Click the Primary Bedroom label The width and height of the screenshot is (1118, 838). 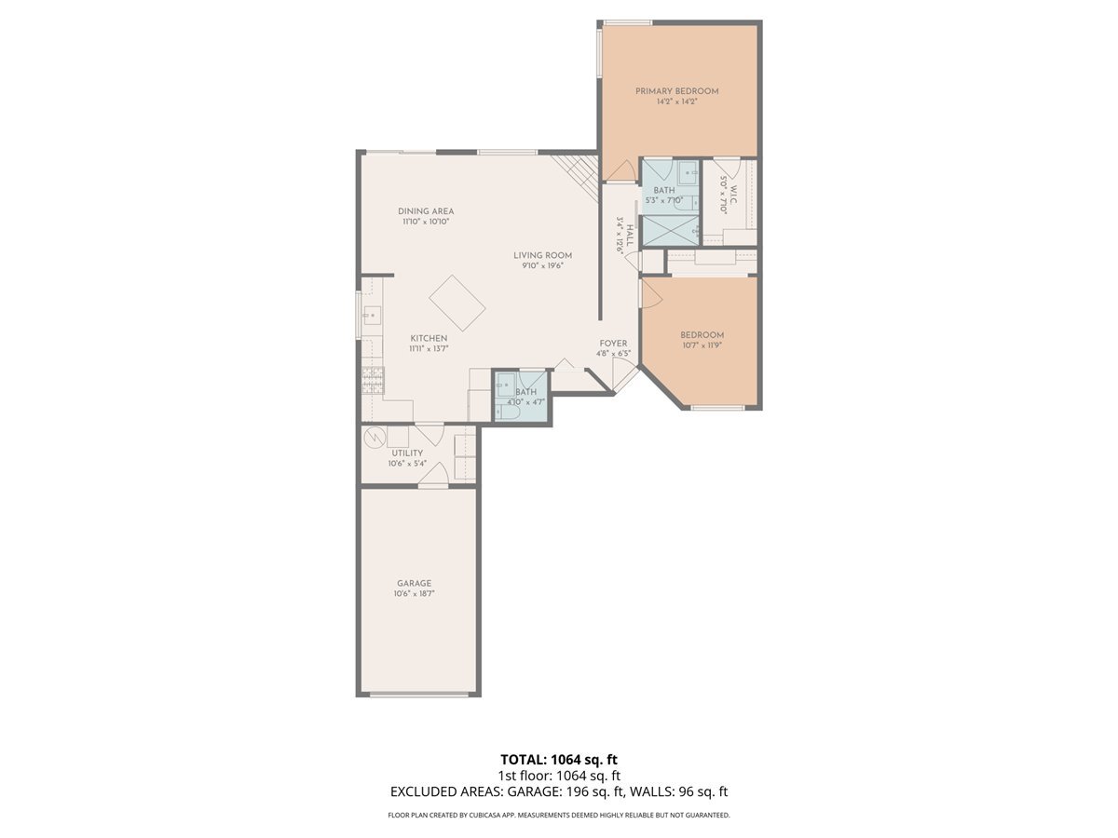coord(677,91)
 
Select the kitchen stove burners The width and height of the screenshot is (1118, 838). coord(373,379)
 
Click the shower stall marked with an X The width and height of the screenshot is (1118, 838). coord(669,231)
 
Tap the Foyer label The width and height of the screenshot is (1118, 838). coord(613,344)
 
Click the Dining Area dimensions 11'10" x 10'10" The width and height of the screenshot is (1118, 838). coord(426,223)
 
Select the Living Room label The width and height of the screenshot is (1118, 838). coord(542,255)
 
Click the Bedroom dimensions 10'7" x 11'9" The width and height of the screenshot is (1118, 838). coord(702,345)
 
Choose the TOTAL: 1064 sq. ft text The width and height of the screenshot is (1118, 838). coord(558,760)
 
